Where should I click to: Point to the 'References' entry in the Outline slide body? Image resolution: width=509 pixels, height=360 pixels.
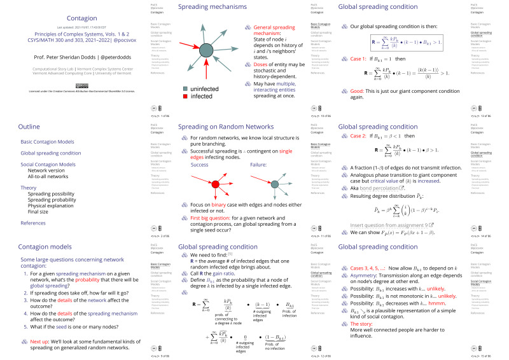point(33,223)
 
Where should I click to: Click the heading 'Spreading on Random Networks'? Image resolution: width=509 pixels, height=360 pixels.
point(222,127)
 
